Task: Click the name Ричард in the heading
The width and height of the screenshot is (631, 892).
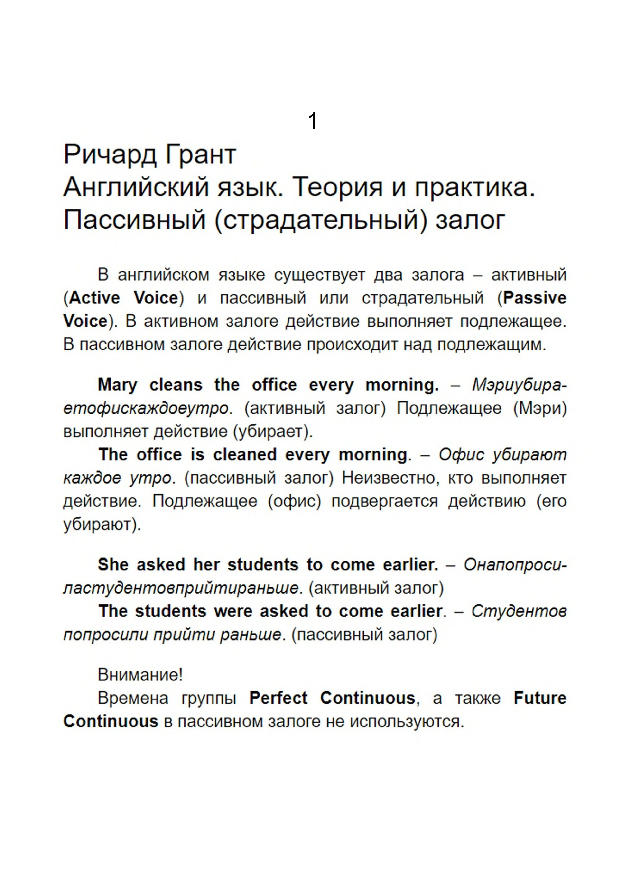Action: pyautogui.click(x=110, y=155)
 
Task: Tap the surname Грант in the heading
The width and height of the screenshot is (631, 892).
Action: pyautogui.click(x=201, y=155)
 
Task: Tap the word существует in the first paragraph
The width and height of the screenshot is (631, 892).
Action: pyautogui.click(x=319, y=275)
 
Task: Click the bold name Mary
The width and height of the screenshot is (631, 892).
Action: pyautogui.click(x=117, y=385)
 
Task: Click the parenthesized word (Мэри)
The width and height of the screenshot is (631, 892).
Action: pyautogui.click(x=540, y=408)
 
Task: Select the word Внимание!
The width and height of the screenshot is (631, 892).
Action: pyautogui.click(x=140, y=675)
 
